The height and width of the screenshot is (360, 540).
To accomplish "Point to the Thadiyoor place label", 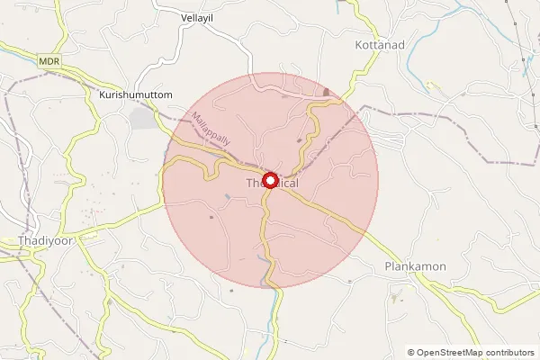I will tap(45, 241).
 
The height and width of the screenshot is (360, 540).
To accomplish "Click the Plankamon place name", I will tap(415, 266).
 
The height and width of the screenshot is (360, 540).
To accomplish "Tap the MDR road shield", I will tap(49, 60).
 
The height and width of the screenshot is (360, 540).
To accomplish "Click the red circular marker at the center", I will tap(270, 180).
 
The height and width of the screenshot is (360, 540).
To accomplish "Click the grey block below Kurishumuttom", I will tap(141, 117).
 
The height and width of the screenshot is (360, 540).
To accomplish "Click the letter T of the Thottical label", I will tap(249, 184).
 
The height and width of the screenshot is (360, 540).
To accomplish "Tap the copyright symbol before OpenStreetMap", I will tap(410, 353).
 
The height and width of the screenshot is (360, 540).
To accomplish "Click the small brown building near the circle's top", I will tap(326, 92).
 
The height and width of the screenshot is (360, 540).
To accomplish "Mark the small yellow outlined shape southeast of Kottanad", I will tap(433, 86).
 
